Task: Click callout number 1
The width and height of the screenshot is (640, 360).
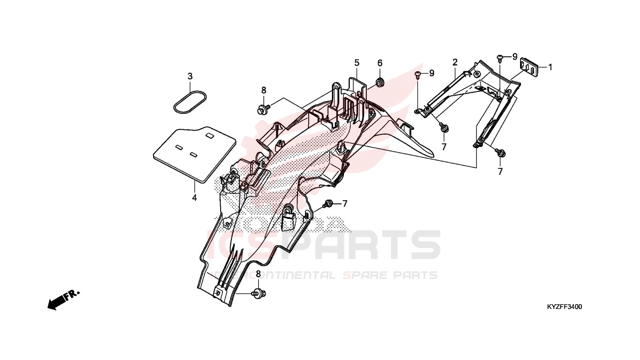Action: coord(550,67)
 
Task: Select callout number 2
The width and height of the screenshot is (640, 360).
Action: coord(455,62)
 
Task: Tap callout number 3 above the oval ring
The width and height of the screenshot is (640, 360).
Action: coord(190,76)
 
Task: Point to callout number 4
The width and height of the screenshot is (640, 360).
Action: coord(194,197)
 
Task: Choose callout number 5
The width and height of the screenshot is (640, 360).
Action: coord(357,63)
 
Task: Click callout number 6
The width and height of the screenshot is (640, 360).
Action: coord(380,63)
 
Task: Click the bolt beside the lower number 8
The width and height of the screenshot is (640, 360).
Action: coord(259,293)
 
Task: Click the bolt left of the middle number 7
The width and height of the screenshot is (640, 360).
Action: coord(327,204)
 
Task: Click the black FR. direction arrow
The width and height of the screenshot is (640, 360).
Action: coord(63,300)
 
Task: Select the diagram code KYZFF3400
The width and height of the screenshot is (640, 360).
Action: coord(565,307)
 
